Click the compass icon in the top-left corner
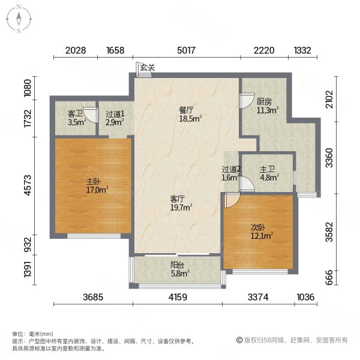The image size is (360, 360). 19,18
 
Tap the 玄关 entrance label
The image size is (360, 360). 147,68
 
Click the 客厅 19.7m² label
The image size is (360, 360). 180,203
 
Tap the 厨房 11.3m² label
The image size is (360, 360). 266,106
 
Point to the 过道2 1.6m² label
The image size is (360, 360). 230,173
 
